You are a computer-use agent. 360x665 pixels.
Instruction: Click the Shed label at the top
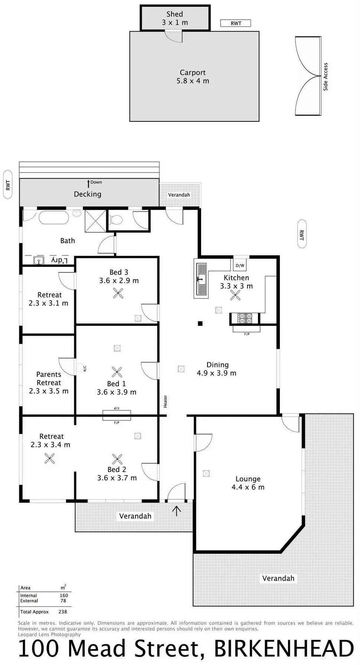pos(174,14)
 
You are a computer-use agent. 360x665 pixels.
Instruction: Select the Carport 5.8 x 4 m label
pos(193,77)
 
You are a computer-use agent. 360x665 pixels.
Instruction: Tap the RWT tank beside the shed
pos(236,23)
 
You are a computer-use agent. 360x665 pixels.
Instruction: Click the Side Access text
pos(325,77)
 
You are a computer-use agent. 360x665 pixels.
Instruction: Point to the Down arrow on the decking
pos(88,183)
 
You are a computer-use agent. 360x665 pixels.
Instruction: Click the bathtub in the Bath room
pos(54,217)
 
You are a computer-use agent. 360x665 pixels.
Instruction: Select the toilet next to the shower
pos(116,220)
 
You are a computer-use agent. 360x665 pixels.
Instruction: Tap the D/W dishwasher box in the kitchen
pos(240,265)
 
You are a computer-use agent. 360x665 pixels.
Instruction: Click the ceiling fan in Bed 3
pos(118,294)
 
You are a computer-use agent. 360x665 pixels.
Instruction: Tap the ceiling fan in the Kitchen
pos(235,295)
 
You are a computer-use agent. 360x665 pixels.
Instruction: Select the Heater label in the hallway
pos(166,402)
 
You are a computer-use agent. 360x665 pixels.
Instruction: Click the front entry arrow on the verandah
pos(177,511)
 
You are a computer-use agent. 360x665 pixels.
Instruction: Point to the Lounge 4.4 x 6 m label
pos(248,483)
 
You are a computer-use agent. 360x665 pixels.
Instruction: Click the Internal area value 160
pos(64,595)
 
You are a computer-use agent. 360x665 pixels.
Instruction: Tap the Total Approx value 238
pos(63,612)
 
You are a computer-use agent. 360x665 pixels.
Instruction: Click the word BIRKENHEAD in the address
pos(284,649)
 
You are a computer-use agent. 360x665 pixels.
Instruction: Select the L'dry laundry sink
pos(39,260)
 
